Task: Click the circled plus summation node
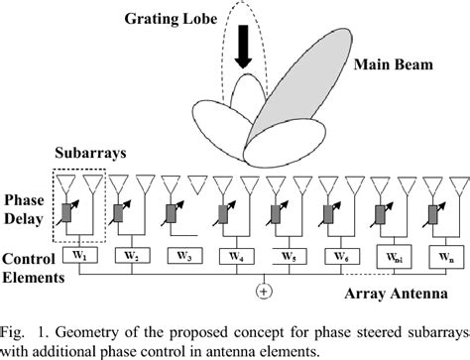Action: pos(264,291)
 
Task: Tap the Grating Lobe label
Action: pos(163,17)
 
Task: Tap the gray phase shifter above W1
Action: pos(70,213)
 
